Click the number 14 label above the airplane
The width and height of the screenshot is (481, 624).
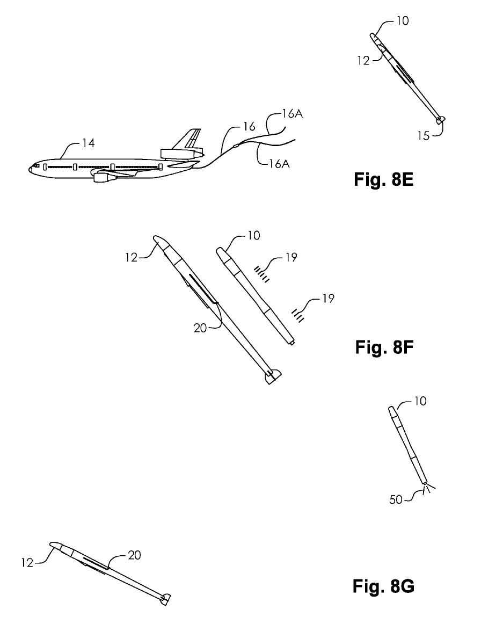tap(89, 143)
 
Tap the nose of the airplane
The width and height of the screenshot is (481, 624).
tap(30, 169)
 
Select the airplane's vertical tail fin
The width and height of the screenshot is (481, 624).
tap(187, 139)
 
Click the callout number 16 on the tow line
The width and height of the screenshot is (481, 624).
tap(249, 127)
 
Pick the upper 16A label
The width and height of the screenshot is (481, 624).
tap(293, 114)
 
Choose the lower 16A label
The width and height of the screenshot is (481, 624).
tap(279, 163)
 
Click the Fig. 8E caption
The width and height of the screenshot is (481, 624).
tap(383, 179)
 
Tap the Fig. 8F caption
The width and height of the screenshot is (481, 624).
tap(384, 347)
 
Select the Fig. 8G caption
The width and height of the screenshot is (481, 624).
tap(383, 586)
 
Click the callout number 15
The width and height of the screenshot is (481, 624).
tap(424, 136)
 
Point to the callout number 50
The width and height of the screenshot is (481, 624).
tap(396, 499)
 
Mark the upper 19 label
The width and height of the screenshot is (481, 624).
tap(291, 257)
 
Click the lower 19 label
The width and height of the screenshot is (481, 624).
tap(328, 298)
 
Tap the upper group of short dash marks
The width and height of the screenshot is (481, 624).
tap(263, 274)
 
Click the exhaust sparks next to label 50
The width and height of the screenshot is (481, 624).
tap(429, 488)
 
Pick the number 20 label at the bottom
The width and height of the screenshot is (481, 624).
tap(134, 555)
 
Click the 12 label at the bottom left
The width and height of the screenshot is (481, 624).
tap(27, 563)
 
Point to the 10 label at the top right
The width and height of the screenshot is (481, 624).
tap(403, 21)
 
